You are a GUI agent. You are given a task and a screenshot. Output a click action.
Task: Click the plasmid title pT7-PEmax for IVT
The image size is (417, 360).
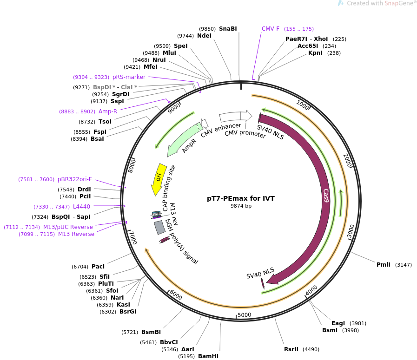pyautogui.click(x=240, y=198)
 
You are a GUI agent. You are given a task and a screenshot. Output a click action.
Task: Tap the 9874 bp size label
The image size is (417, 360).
pyautogui.click(x=241, y=206)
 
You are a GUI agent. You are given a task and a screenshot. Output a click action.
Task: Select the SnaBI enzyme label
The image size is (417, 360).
pyautogui.click(x=228, y=29)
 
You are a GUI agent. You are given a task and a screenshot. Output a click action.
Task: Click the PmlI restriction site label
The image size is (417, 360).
pyautogui.click(x=384, y=265)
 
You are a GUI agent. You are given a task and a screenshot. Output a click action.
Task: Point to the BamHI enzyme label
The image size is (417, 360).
pyautogui.click(x=208, y=356)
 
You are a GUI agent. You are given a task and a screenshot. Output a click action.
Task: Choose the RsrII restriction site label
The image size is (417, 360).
pyautogui.click(x=291, y=349)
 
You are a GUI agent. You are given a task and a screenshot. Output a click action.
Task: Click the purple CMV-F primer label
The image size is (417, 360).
pyautogui.click(x=271, y=29)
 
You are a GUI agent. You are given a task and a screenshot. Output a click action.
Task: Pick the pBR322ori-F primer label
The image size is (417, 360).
pyautogui.click(x=75, y=179)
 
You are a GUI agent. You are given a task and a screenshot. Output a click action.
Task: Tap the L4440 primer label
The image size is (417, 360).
pyautogui.click(x=82, y=207)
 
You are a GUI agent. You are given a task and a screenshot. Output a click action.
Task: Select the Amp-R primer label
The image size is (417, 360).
pyautogui.click(x=108, y=111)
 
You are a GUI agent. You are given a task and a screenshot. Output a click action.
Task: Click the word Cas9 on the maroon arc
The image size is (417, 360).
pyautogui.click(x=326, y=196)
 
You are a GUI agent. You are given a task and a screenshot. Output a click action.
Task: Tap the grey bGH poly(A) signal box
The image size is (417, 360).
pyautogui.click(x=159, y=227)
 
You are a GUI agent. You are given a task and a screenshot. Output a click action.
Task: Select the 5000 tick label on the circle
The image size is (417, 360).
pyautogui.click(x=244, y=315)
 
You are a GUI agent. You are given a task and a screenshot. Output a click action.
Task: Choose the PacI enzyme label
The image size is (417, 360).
pyautogui.click(x=98, y=267)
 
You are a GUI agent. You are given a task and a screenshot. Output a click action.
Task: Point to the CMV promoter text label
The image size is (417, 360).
pyautogui.click(x=245, y=134)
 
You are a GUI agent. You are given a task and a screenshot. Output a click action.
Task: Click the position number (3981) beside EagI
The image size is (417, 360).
pyautogui.click(x=358, y=323)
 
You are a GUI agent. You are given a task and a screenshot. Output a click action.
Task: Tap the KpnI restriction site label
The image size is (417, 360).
pyautogui.click(x=316, y=53)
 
